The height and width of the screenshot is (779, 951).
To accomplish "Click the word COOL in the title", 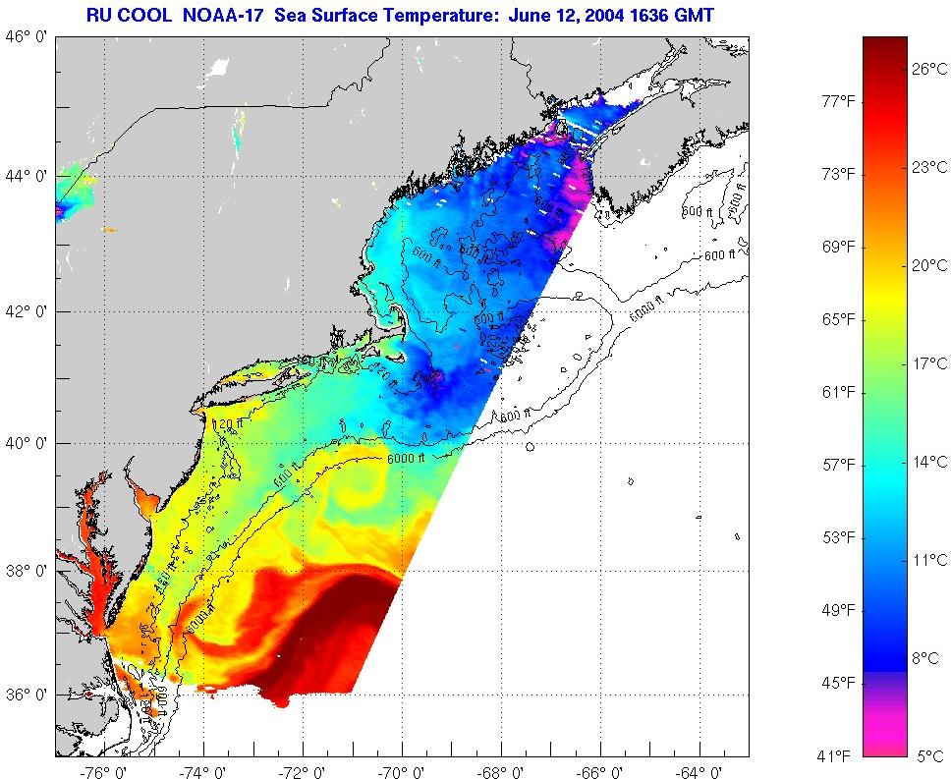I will (152, 14).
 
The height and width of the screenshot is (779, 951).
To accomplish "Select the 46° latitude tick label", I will (29, 36).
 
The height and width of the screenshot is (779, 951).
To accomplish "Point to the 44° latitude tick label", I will (29, 176).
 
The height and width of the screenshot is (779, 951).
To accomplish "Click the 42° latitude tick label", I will (29, 311).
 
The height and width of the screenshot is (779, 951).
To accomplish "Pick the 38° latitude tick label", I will (29, 571).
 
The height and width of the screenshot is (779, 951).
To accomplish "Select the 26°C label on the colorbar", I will (927, 71).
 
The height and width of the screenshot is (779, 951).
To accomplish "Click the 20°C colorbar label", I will (927, 265).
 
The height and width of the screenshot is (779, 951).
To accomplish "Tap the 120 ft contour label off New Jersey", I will (228, 424).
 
